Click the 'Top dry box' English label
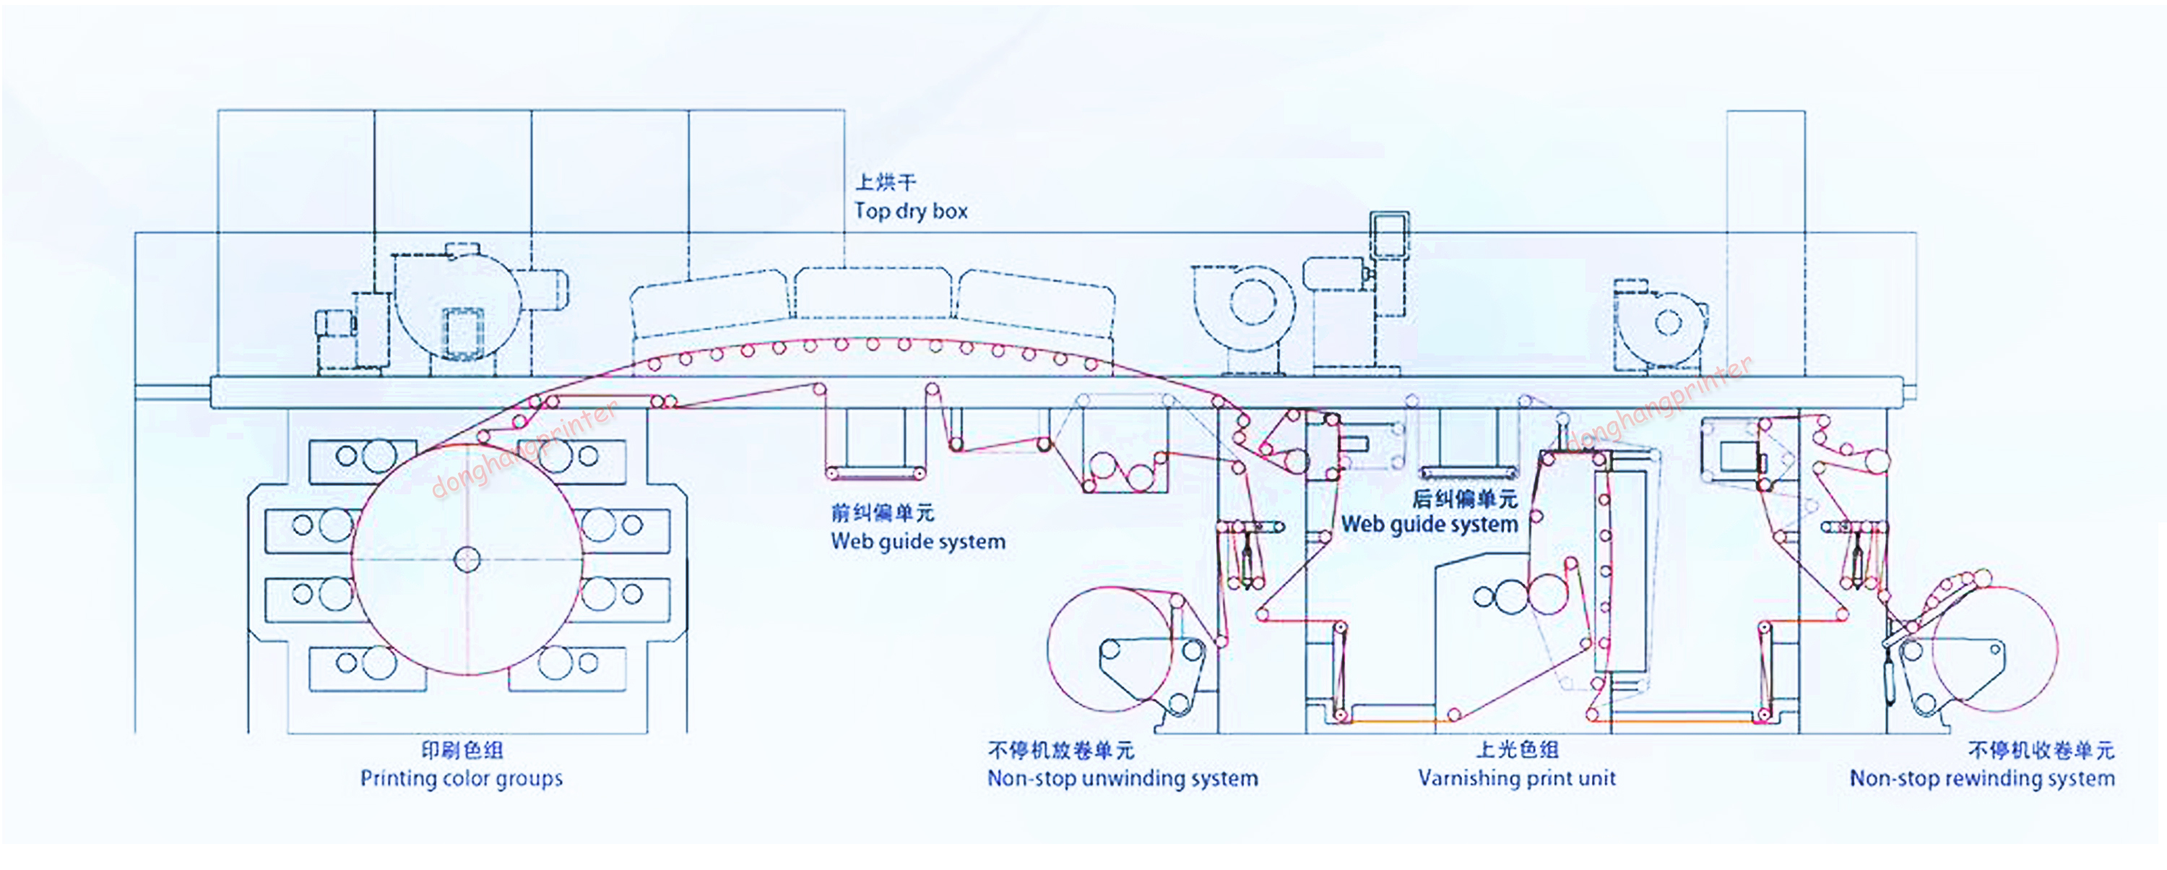pyautogui.click(x=911, y=211)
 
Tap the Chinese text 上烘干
pyautogui.click(x=885, y=182)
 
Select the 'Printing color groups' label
pyautogui.click(x=461, y=778)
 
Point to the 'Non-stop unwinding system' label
pyautogui.click(x=1123, y=778)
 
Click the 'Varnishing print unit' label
pyautogui.click(x=1516, y=778)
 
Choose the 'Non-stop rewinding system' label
pyautogui.click(x=1981, y=778)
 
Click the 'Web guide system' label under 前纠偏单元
pyautogui.click(x=918, y=541)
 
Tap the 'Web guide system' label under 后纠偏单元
pyautogui.click(x=1429, y=524)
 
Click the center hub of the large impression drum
pyautogui.click(x=467, y=559)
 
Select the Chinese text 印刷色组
pyautogui.click(x=462, y=749)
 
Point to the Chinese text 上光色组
pyautogui.click(x=1517, y=749)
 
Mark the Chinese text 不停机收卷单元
pyautogui.click(x=2040, y=749)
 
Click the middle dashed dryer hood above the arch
pyautogui.click(x=873, y=293)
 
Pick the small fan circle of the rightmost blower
pyautogui.click(x=1668, y=323)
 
